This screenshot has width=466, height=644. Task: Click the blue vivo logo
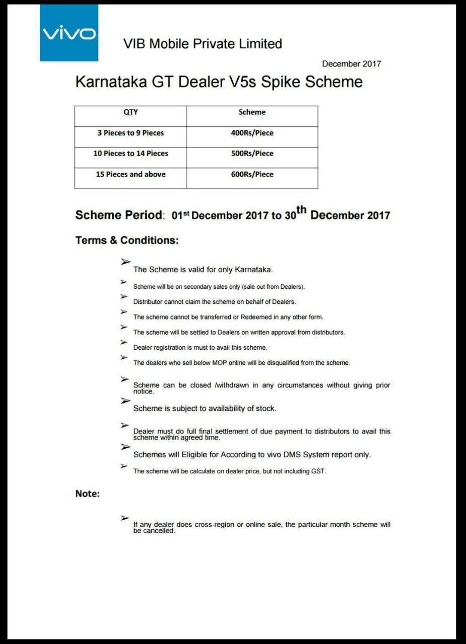click(x=69, y=33)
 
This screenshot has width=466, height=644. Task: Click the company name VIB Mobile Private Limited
click(x=203, y=44)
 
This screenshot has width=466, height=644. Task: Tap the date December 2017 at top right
click(x=351, y=64)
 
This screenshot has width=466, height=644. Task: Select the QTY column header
click(x=131, y=112)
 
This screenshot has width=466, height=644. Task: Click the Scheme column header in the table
click(x=252, y=112)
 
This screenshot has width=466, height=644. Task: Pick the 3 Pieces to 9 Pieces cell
click(x=131, y=133)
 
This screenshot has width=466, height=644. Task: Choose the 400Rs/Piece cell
click(x=252, y=133)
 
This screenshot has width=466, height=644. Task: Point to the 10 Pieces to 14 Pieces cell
click(x=131, y=153)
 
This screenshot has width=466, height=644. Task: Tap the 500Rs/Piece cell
click(x=252, y=153)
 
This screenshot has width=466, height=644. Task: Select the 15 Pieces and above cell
click(x=131, y=174)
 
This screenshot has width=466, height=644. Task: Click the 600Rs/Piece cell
click(x=252, y=174)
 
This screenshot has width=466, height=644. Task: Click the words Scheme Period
click(x=119, y=215)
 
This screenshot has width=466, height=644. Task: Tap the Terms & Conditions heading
click(x=127, y=240)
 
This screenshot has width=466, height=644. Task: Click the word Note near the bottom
click(x=87, y=494)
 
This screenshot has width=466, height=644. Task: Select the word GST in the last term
click(x=318, y=471)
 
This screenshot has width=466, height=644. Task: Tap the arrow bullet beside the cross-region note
click(x=124, y=518)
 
